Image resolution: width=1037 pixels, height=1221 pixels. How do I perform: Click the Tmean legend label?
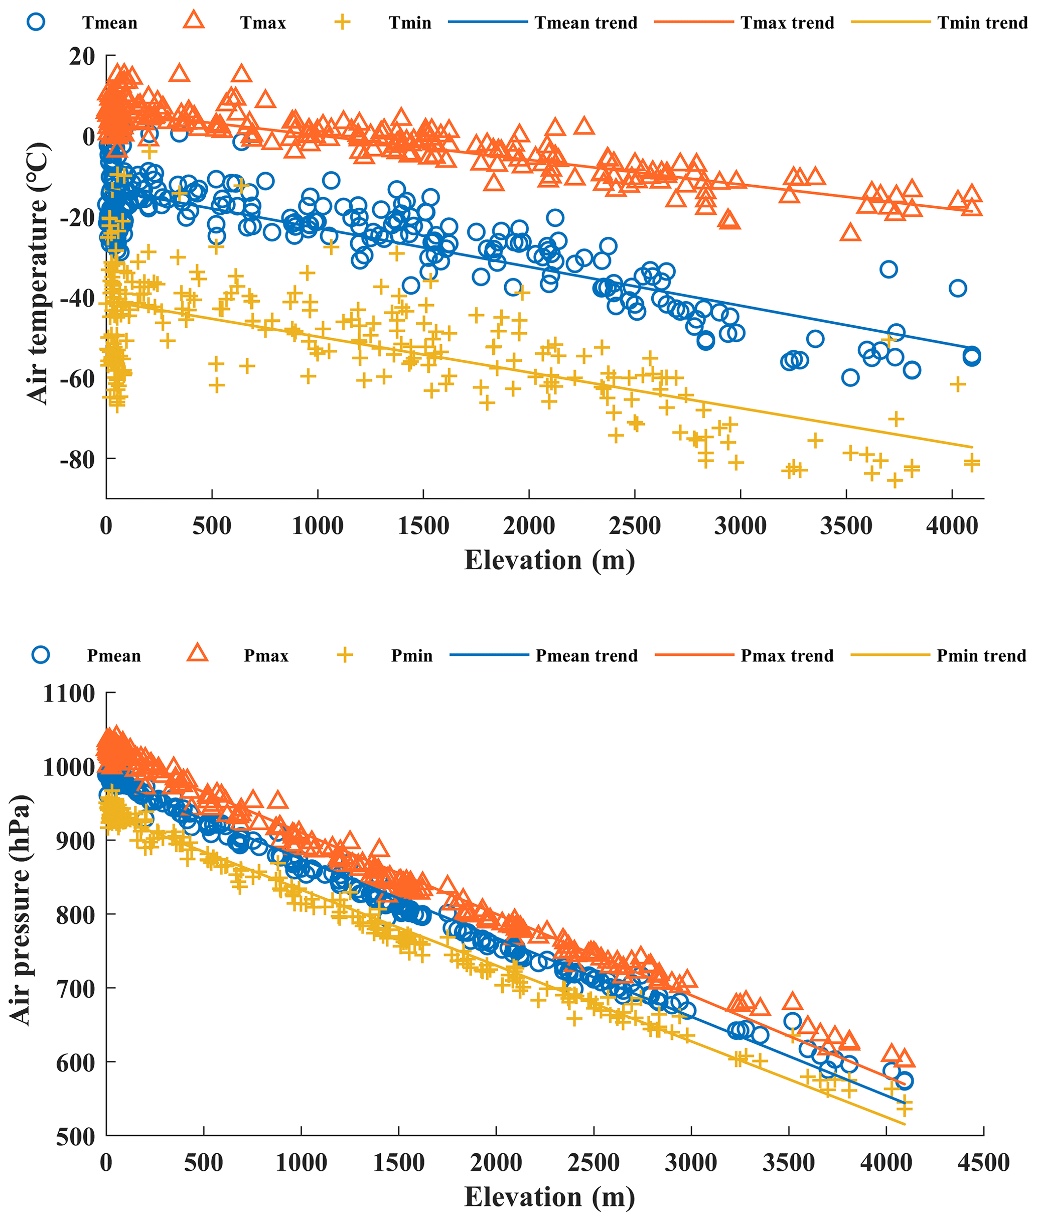tap(109, 23)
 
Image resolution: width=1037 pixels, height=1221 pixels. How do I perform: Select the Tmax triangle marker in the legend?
tap(194, 21)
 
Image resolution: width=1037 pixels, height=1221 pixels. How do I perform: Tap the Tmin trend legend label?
tap(982, 23)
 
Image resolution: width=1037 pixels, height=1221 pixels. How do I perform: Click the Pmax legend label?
tap(266, 656)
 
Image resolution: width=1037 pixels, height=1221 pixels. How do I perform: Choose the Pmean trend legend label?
tap(586, 656)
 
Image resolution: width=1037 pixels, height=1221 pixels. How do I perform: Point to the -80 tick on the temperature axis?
tap(77, 459)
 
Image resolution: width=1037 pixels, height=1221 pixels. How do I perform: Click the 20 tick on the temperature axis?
tap(82, 57)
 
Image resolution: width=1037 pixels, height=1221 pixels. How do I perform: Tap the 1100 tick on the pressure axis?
tap(69, 694)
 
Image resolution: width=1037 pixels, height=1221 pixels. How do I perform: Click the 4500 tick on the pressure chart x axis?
tap(983, 1163)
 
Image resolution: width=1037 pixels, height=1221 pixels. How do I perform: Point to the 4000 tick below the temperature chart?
tap(952, 525)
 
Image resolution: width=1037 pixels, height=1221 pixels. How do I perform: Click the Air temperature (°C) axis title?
tap(37, 274)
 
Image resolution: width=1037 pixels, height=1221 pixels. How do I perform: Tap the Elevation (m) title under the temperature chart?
tap(550, 560)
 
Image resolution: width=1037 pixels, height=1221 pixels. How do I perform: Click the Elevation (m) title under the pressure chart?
tap(550, 1197)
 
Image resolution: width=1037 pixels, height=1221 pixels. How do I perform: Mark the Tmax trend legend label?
tap(787, 23)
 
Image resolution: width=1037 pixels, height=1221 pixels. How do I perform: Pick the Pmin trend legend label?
tap(981, 656)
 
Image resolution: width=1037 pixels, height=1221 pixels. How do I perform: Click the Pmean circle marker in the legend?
tap(41, 654)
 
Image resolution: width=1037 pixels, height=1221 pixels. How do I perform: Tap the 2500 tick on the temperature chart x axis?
tap(635, 525)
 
